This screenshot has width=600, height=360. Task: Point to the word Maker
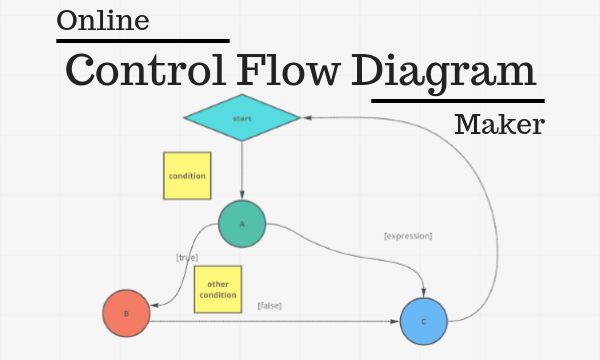click(499, 125)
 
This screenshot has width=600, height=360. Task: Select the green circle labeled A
click(242, 225)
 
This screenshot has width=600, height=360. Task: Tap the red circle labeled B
click(126, 314)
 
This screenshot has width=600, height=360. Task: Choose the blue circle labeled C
click(424, 321)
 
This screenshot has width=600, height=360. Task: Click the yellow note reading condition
click(187, 176)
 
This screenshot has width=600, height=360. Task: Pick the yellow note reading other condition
click(217, 289)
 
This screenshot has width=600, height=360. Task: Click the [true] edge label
click(187, 257)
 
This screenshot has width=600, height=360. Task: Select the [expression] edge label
click(408, 236)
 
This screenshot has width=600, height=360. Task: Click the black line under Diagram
click(458, 100)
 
